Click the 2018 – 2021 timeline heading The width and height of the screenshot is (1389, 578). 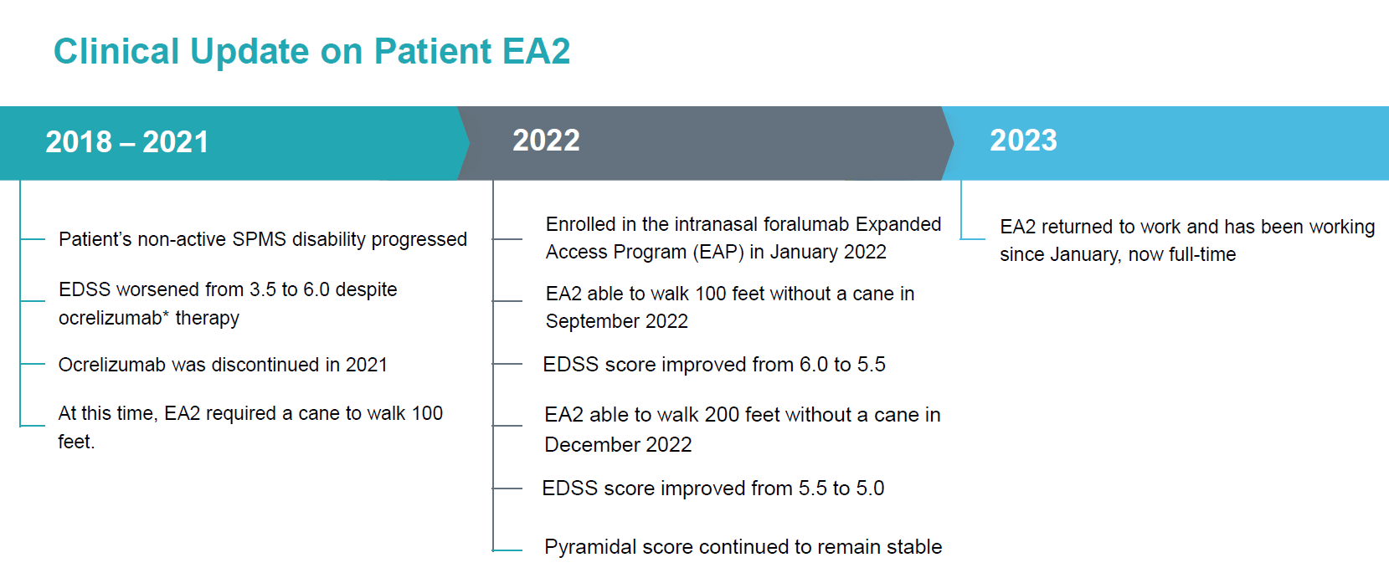(x=126, y=142)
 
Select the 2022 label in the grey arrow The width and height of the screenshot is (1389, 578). (x=546, y=141)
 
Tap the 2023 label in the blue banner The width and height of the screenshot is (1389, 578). (x=1023, y=141)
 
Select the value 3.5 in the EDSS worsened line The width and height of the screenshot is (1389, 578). (x=262, y=289)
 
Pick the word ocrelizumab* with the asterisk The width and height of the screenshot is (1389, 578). (x=114, y=318)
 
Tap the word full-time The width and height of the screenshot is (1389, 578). (x=1206, y=254)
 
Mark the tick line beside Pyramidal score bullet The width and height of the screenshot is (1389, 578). (x=507, y=550)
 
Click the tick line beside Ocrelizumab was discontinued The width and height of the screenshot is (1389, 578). (x=33, y=364)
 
